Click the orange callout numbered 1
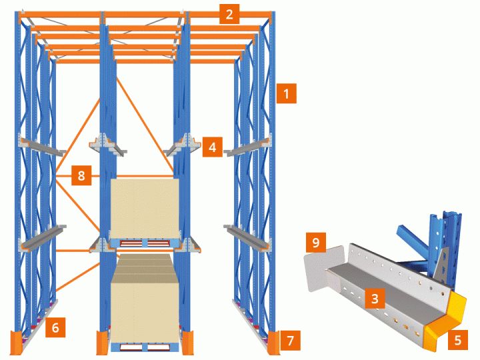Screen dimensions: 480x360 pos(286,93)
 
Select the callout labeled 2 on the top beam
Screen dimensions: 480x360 pos(229,14)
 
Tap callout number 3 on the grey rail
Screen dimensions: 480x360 pos(375,298)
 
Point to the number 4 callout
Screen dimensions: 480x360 pos(213,147)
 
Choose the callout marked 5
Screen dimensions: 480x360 pos(457,339)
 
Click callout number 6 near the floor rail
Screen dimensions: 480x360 pos(55,327)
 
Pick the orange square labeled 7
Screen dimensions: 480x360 pos(290,340)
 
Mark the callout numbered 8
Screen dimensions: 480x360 pos(81,175)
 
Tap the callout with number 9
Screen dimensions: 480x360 pos(315,243)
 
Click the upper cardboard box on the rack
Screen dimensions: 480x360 pos(145,209)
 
